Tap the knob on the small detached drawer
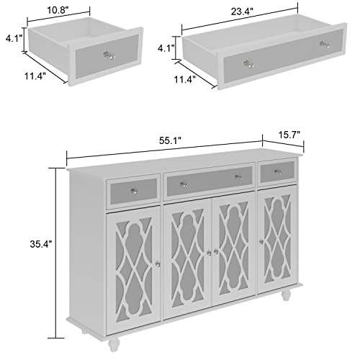coord(109,55)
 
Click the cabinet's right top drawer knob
coord(277,173)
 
